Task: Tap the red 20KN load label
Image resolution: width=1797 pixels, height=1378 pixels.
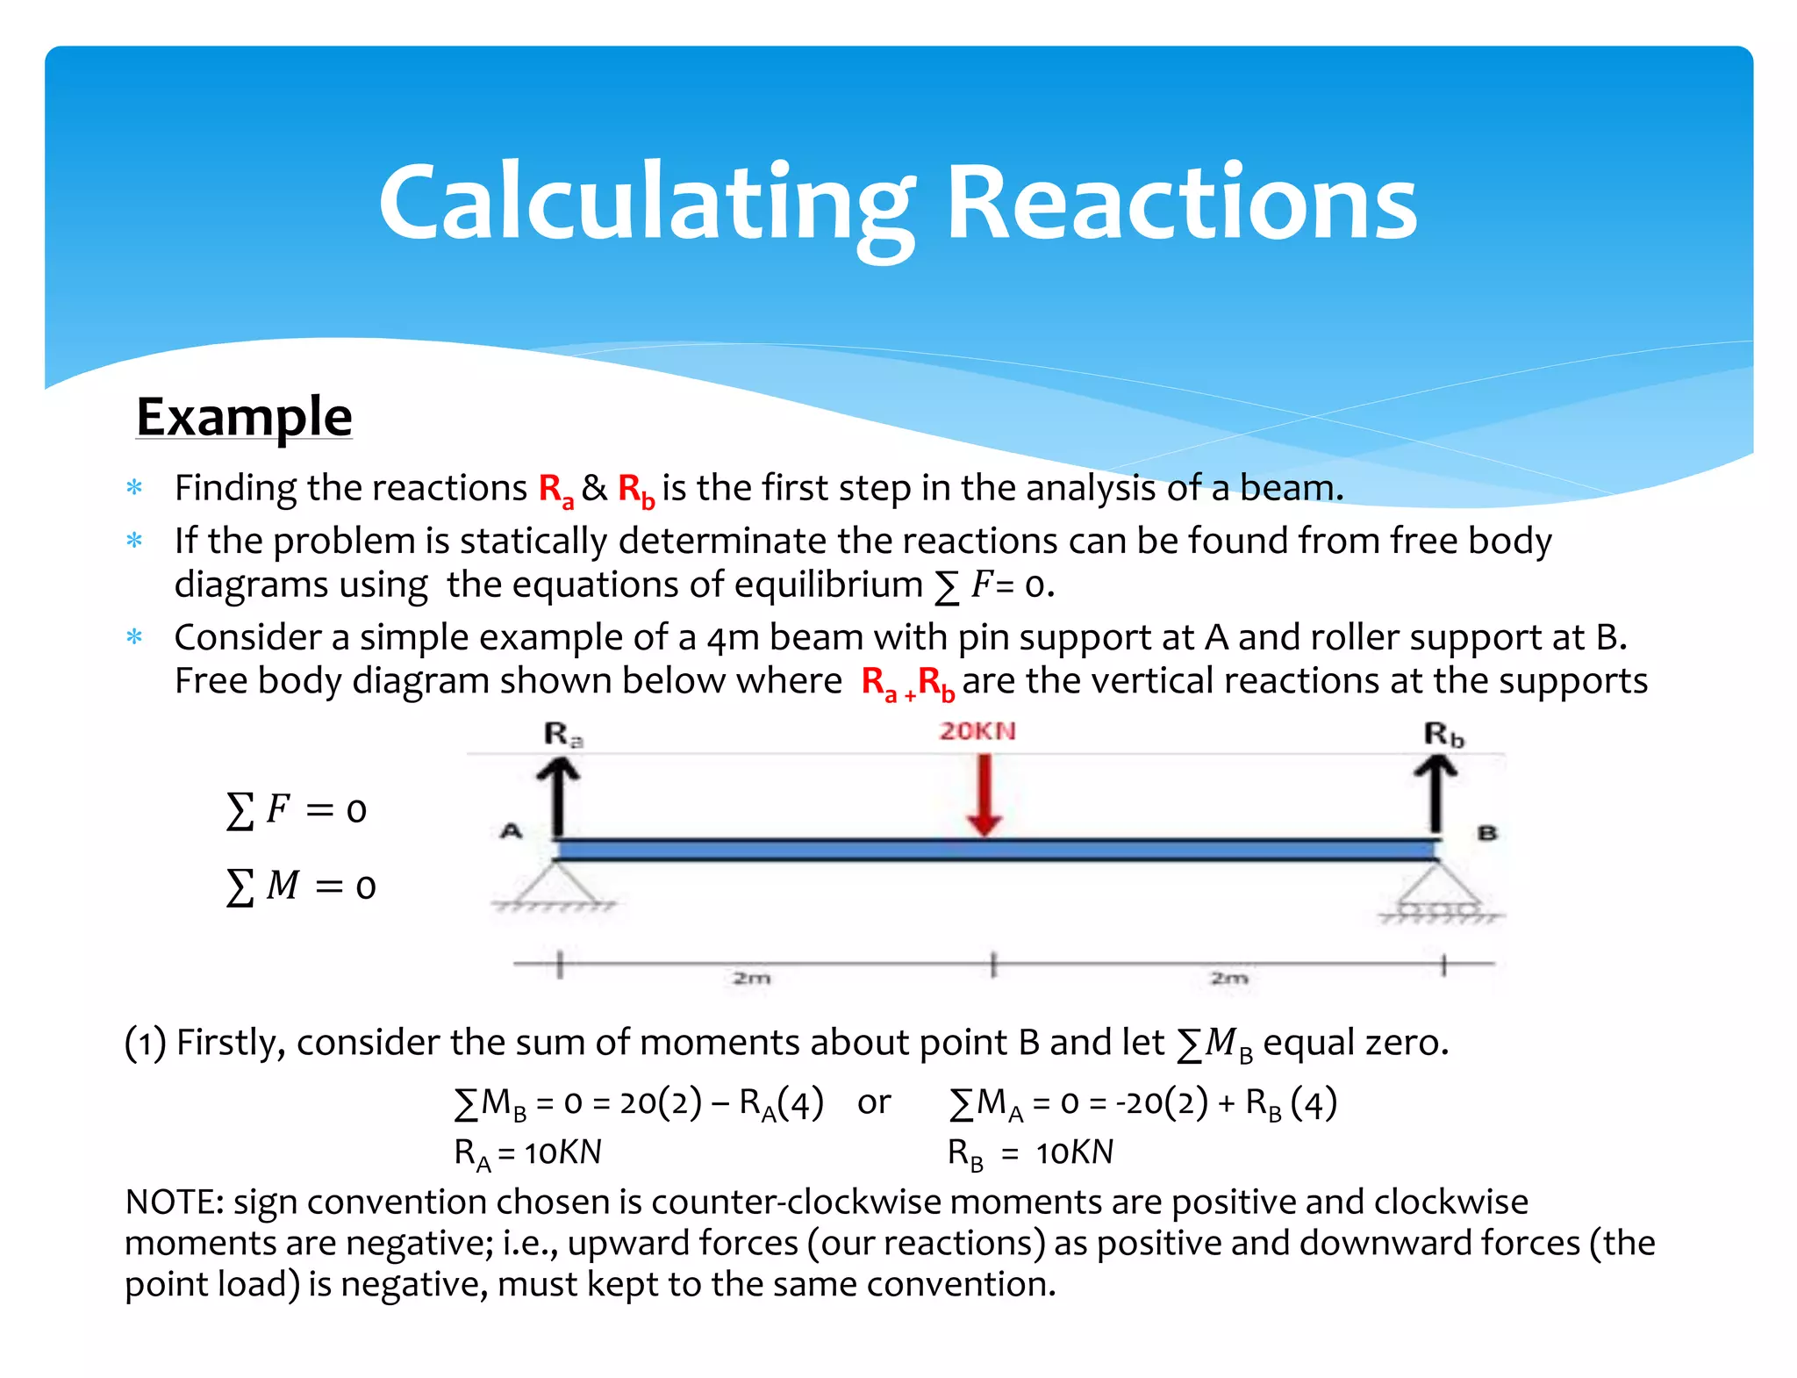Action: (977, 731)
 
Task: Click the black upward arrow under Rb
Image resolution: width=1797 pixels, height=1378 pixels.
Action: (1435, 794)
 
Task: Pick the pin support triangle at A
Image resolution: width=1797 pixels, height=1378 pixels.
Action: (555, 885)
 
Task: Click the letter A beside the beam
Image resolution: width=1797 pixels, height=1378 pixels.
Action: (511, 830)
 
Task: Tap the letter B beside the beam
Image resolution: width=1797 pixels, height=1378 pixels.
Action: (1486, 832)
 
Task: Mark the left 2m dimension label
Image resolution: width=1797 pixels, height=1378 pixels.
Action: (752, 978)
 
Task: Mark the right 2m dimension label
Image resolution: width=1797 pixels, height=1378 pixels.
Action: (1228, 978)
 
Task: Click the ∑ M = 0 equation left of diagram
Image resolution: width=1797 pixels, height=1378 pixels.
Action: (301, 886)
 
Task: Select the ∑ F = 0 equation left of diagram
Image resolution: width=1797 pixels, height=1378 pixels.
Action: (296, 809)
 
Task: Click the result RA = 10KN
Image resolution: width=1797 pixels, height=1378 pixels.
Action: (527, 1153)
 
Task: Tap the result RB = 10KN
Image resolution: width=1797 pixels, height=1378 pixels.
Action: (1030, 1153)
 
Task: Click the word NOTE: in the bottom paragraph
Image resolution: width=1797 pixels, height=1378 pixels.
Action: (175, 1202)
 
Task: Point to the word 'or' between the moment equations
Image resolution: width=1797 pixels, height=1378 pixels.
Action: (874, 1102)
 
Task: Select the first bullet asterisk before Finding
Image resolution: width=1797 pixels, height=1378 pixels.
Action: (134, 487)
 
